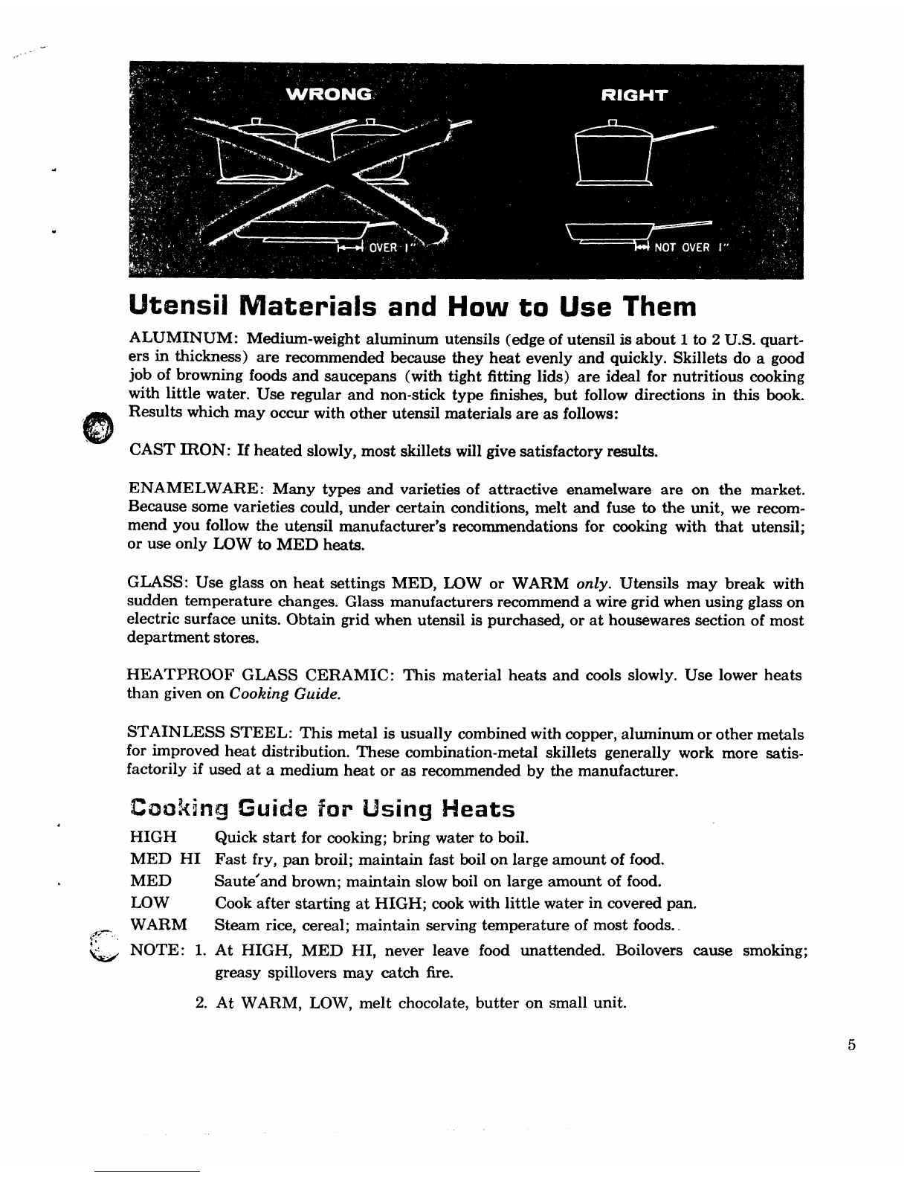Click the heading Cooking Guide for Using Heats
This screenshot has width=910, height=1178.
coord(322,808)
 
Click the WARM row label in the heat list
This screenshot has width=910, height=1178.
coord(158,926)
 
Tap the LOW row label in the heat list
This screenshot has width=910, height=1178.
coord(149,904)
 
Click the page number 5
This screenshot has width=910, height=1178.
coord(851,1044)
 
